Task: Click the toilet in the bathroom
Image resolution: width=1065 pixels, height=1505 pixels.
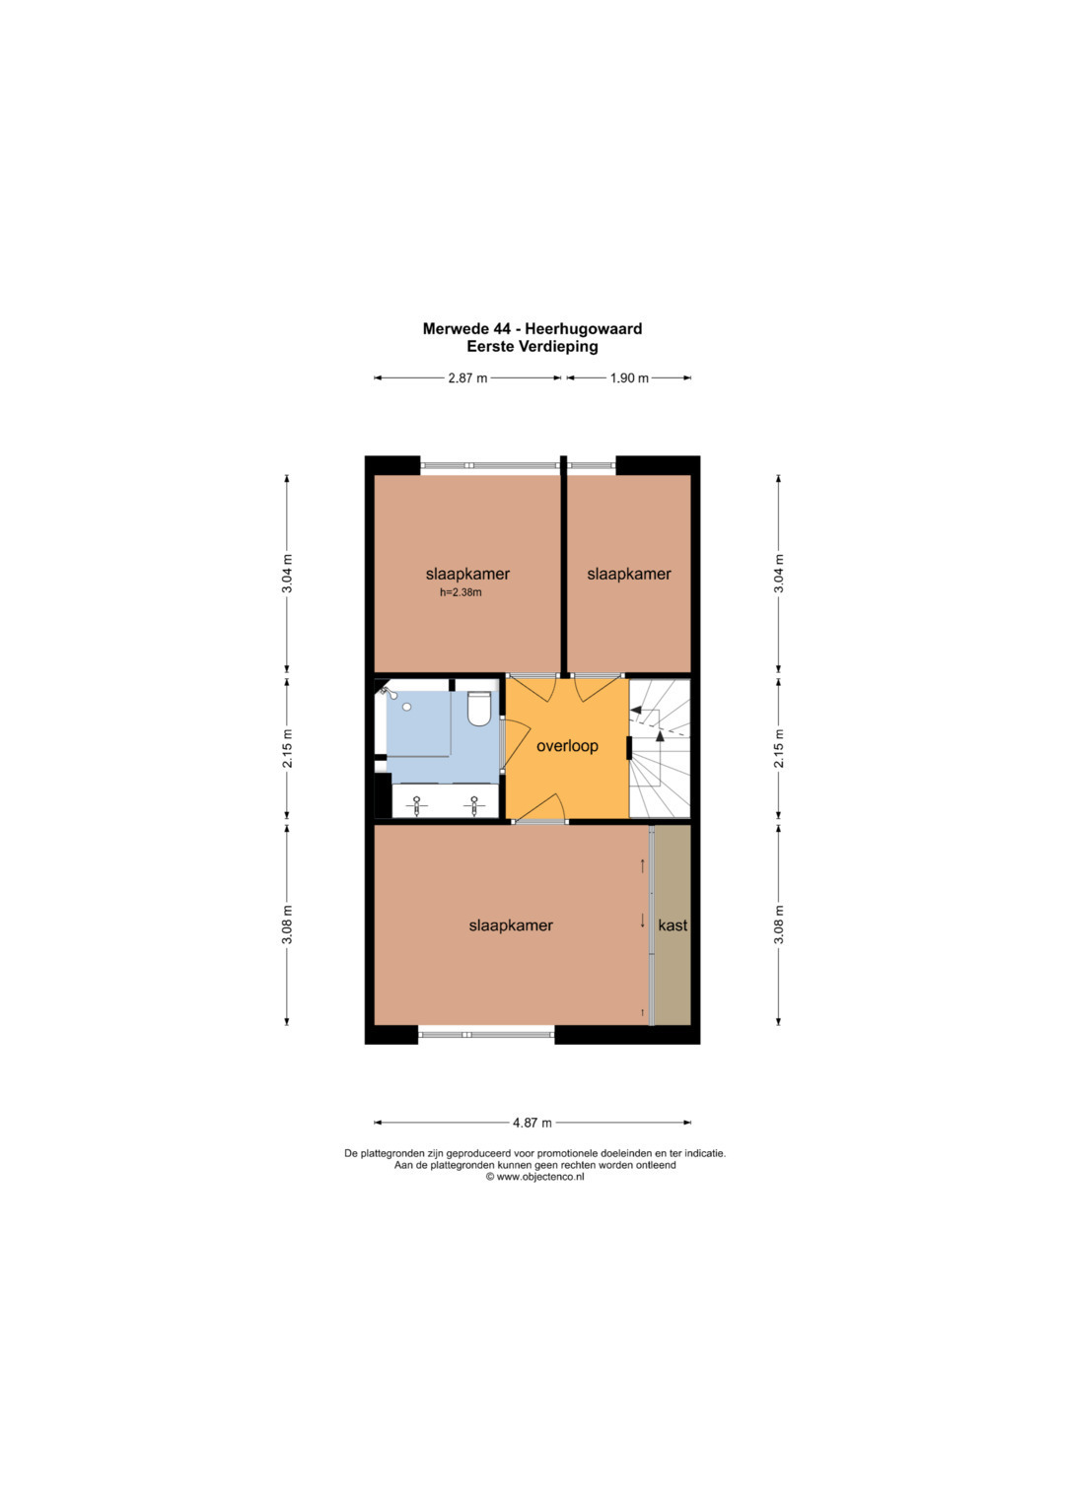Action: (x=479, y=709)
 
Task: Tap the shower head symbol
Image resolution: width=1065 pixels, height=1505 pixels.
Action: (x=388, y=692)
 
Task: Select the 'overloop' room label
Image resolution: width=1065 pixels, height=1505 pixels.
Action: (x=567, y=746)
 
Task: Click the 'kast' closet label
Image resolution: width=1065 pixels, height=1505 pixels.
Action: (x=673, y=925)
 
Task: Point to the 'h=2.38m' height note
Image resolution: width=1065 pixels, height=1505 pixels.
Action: (x=461, y=592)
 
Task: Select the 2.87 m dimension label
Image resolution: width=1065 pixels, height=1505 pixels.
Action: (x=467, y=377)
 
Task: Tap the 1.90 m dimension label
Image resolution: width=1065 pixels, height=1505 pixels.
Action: (x=629, y=377)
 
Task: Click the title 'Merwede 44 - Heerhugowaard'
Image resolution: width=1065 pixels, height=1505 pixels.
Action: (x=532, y=328)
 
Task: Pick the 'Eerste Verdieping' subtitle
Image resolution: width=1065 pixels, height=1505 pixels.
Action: (x=532, y=347)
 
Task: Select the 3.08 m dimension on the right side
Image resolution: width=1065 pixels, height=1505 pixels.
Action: (x=779, y=924)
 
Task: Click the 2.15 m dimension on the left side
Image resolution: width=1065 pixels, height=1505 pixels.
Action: (x=287, y=748)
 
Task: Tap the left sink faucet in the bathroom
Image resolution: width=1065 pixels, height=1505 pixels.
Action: (x=417, y=805)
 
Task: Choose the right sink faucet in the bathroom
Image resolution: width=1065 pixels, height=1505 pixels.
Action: (x=474, y=805)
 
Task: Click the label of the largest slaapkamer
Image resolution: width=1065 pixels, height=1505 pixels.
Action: (x=511, y=925)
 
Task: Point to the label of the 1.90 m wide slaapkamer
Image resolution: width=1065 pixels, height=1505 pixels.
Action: (x=629, y=574)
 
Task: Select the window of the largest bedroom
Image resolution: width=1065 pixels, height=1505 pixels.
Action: (x=486, y=1035)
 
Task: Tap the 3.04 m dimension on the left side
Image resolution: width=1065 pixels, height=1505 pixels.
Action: (x=287, y=573)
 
